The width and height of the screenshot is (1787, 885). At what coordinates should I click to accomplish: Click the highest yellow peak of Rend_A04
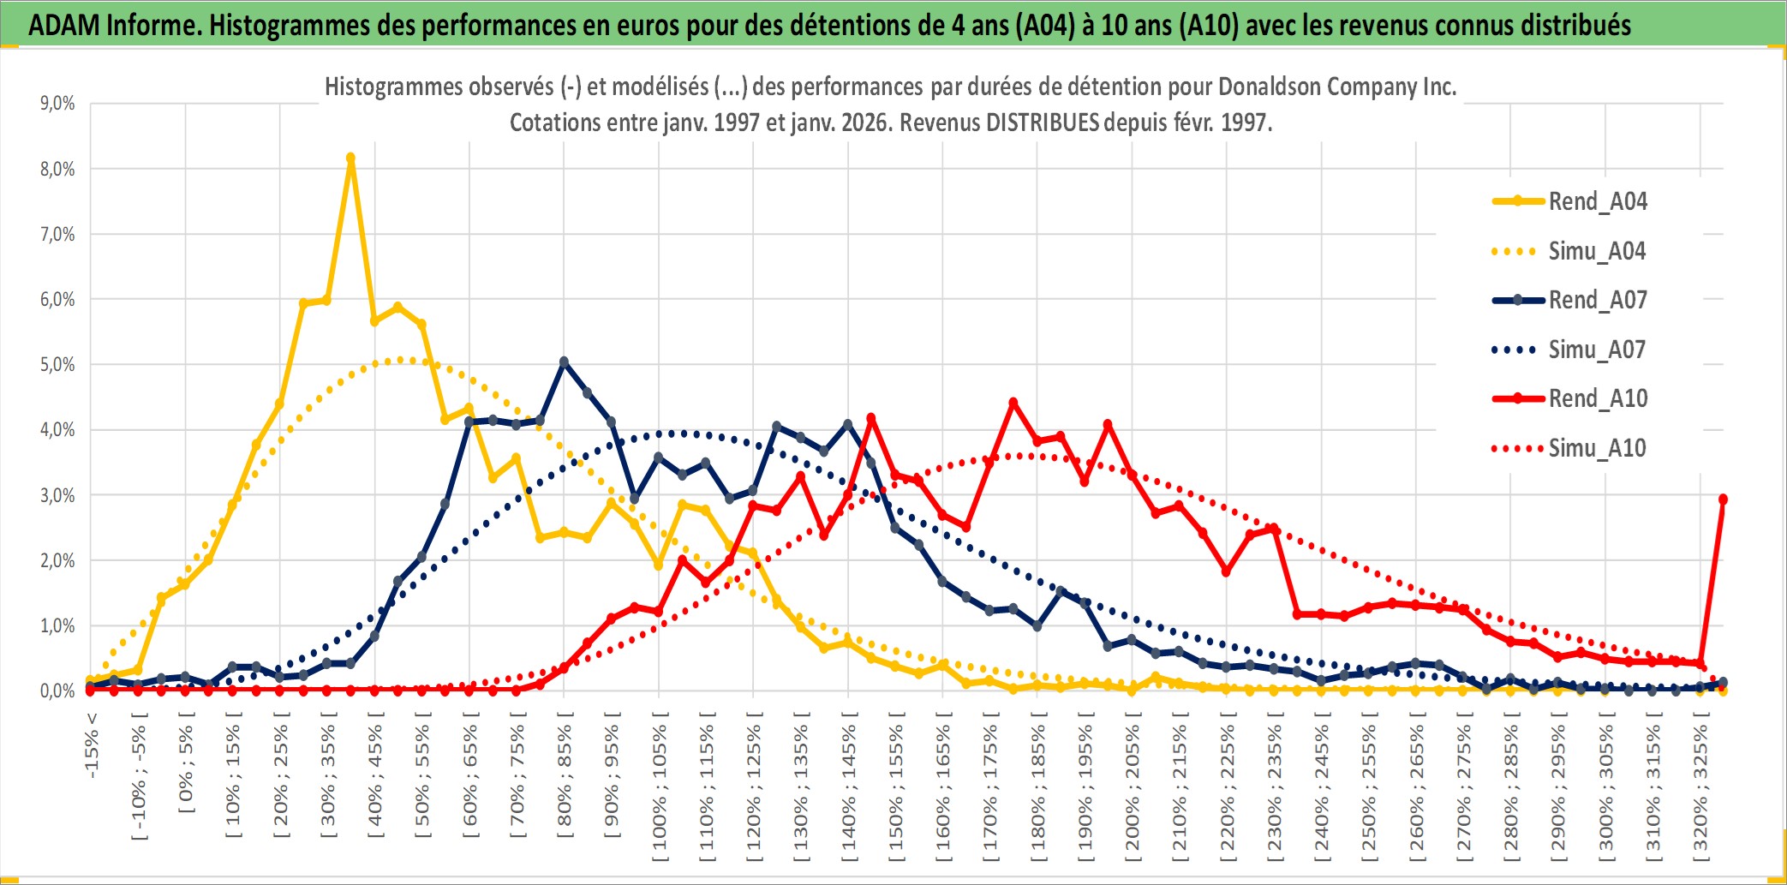coord(350,158)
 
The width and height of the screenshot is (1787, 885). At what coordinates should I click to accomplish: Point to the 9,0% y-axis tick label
coord(57,104)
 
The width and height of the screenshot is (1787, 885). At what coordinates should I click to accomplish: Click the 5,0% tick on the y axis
coord(57,365)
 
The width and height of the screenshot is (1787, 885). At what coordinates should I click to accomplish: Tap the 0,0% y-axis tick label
coord(57,691)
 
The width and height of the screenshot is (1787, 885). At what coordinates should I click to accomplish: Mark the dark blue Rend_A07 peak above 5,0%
coord(564,362)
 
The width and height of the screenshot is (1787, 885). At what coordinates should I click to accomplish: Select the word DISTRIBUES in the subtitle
coord(1042,123)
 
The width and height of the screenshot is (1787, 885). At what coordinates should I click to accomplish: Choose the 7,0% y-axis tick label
coord(57,234)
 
